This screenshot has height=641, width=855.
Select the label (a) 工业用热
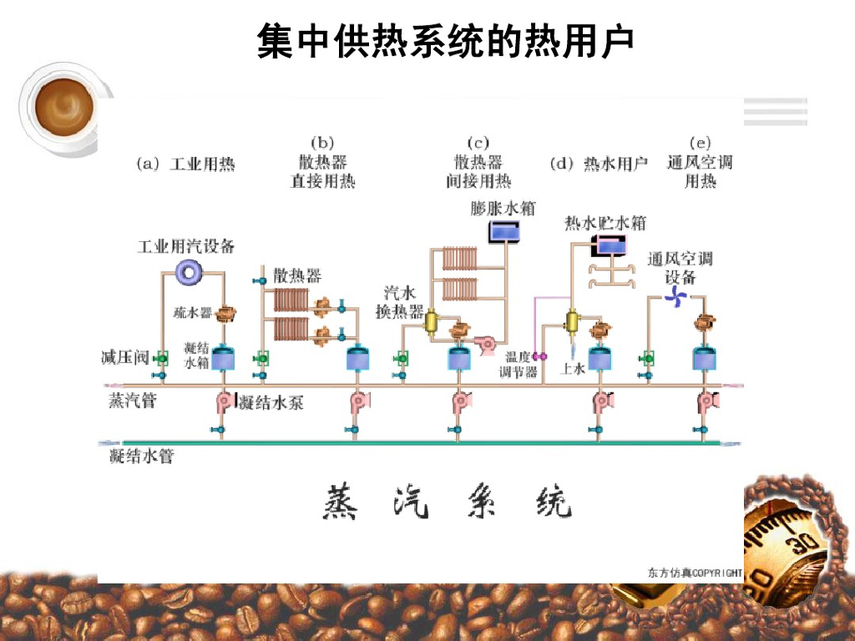tap(186, 164)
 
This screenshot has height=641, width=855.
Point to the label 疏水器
tap(193, 313)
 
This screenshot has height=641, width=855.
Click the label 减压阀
tap(125, 359)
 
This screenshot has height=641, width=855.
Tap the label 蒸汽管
tap(132, 401)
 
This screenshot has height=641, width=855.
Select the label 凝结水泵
tap(271, 404)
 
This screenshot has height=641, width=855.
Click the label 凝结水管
tap(141, 456)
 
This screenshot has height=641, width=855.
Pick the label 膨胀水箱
tap(503, 208)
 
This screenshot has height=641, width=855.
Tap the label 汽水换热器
tap(399, 302)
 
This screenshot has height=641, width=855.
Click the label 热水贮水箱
tap(605, 223)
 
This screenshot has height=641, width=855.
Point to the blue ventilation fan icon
tap(677, 297)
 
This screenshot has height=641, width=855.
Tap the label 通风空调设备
tap(680, 268)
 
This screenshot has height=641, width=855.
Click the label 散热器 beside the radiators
tap(297, 275)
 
